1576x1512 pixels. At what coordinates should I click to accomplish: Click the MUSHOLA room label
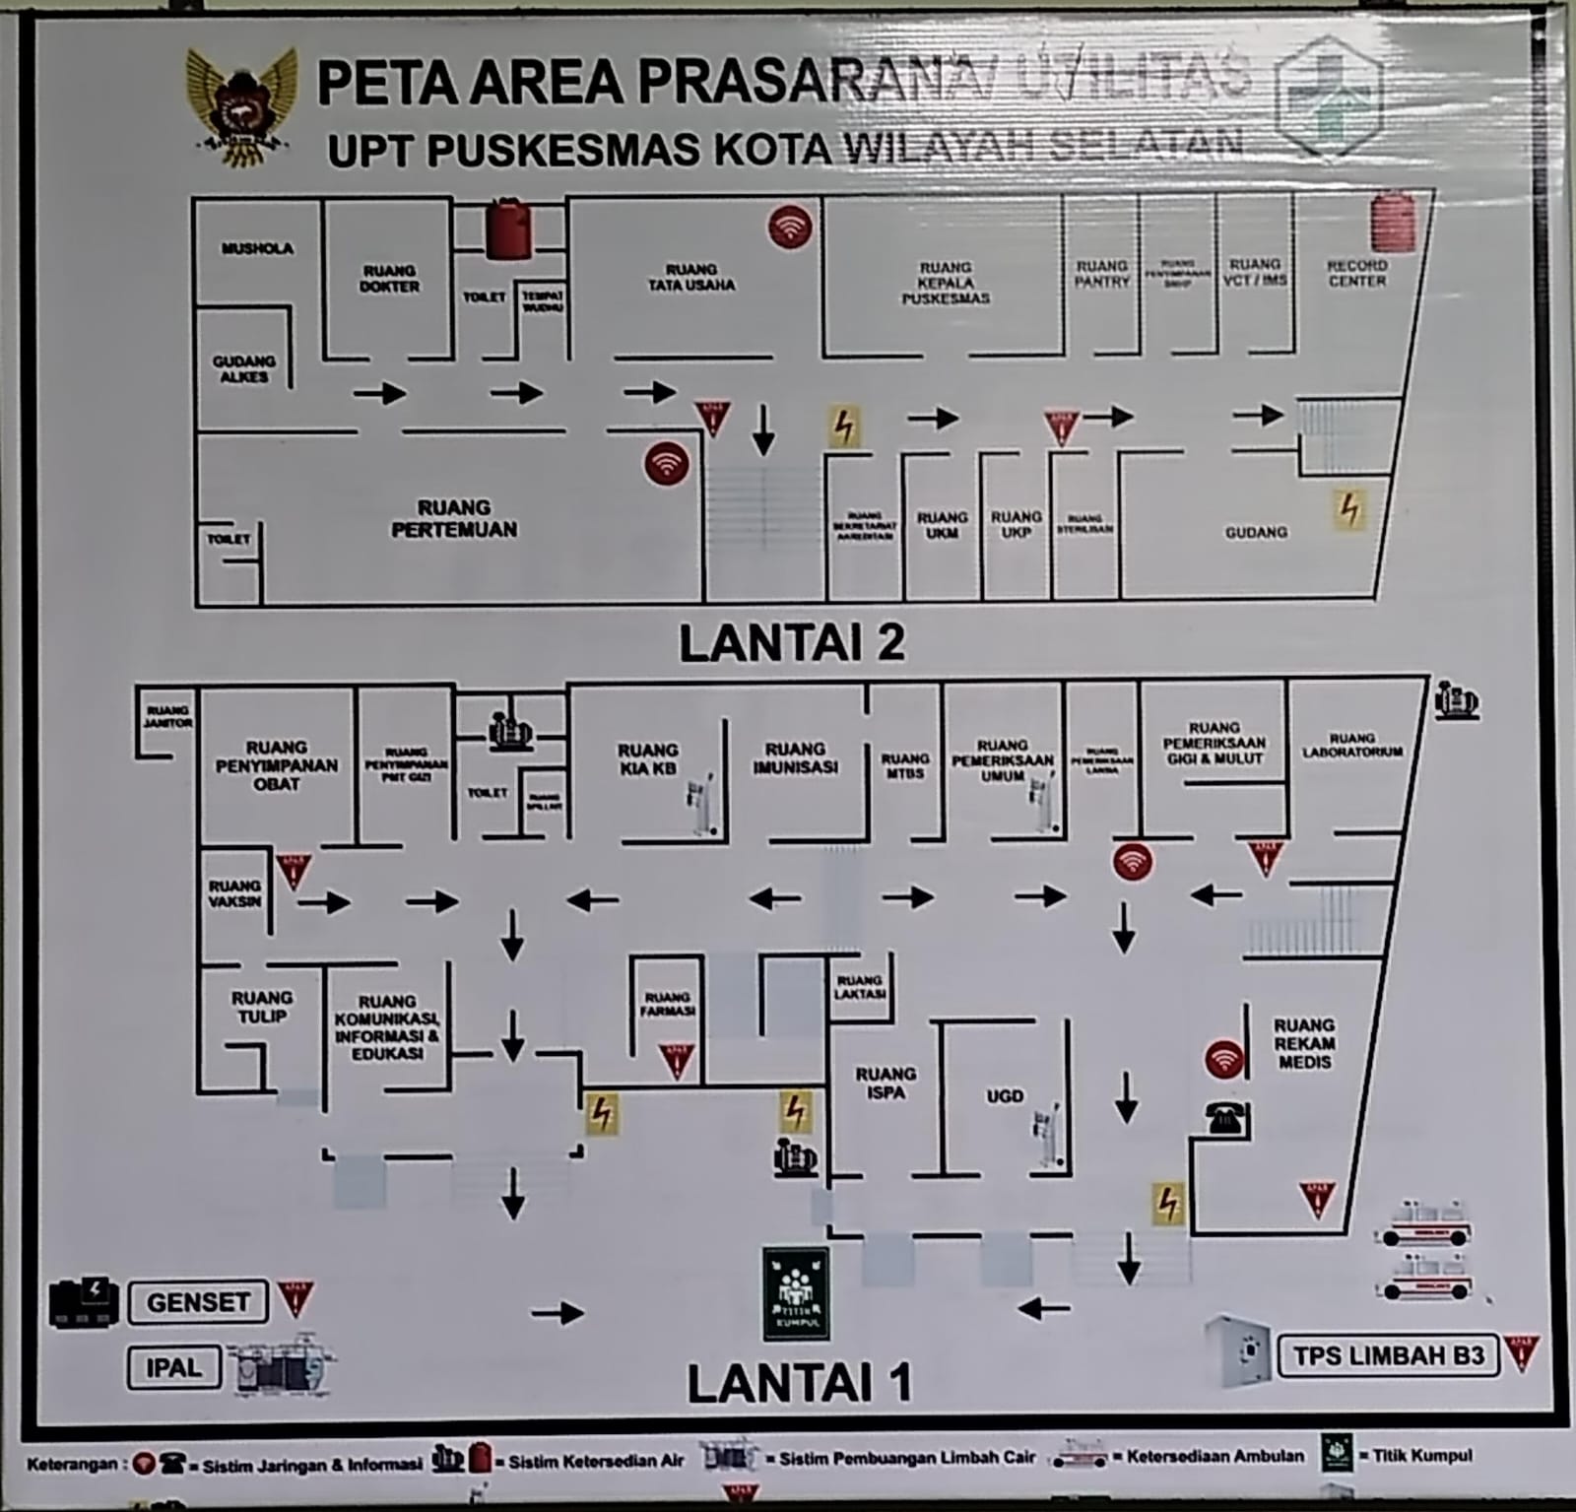[x=257, y=248]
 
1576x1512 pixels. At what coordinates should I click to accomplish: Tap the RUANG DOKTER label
[x=390, y=279]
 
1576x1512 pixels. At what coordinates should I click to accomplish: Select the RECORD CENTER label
[x=1356, y=273]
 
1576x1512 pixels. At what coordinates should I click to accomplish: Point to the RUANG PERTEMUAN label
[x=454, y=519]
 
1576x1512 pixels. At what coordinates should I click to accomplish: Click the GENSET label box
[x=198, y=1302]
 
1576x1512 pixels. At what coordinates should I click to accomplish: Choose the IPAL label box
[x=173, y=1367]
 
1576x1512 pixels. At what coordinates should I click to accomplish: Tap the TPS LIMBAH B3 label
[x=1388, y=1355]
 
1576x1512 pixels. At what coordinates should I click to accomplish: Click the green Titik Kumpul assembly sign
[x=796, y=1293]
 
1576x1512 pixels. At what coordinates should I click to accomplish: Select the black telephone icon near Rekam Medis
[x=1225, y=1118]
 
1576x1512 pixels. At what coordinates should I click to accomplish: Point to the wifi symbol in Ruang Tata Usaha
[x=790, y=228]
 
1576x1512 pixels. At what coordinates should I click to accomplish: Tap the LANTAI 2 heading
[x=792, y=643]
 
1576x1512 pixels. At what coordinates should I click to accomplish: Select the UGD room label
[x=1005, y=1095]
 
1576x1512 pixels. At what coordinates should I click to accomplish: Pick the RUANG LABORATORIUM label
[x=1351, y=745]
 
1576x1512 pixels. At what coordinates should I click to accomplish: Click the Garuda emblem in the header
[x=241, y=106]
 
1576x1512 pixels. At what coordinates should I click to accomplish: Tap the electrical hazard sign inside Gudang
[x=1348, y=509]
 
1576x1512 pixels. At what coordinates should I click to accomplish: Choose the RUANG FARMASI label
[x=667, y=1004]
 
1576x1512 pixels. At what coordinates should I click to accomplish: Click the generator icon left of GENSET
[x=84, y=1302]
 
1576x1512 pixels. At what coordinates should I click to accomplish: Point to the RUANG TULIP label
[x=262, y=1007]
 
